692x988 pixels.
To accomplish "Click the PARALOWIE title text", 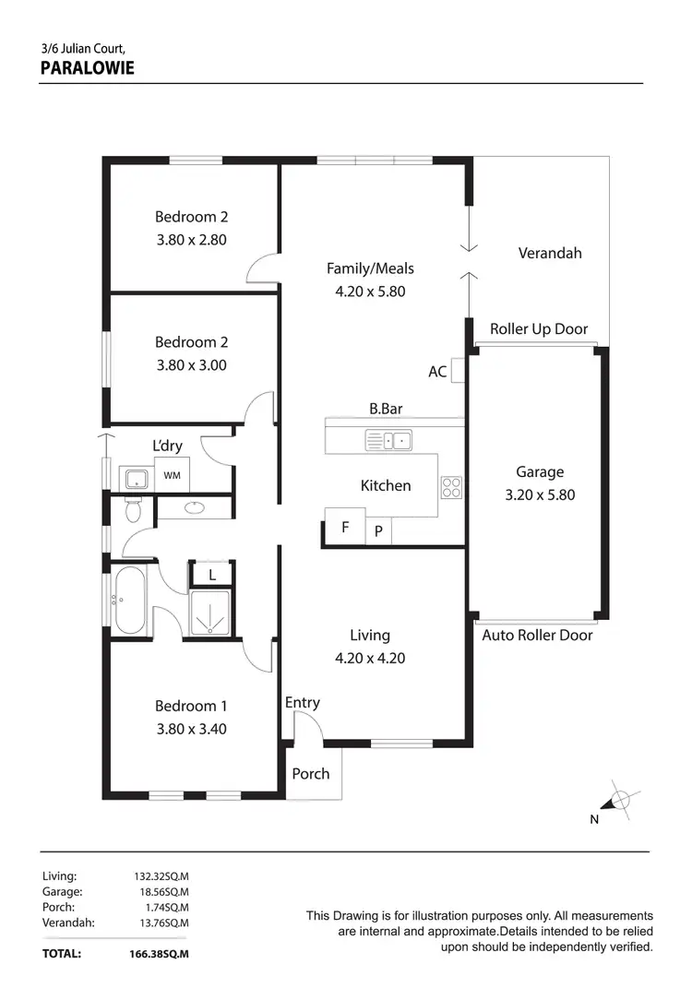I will click(x=88, y=67).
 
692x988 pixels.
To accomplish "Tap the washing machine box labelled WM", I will click(x=172, y=475).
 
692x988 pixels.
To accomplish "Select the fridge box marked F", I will click(x=345, y=528).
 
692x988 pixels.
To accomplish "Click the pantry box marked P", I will click(x=378, y=532).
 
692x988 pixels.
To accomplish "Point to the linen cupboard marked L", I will click(x=212, y=574).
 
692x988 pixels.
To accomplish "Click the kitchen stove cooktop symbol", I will click(x=451, y=486).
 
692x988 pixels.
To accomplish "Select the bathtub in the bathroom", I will click(x=128, y=599).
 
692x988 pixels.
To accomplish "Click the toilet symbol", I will click(x=132, y=509).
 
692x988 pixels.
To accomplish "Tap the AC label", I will click(x=437, y=372).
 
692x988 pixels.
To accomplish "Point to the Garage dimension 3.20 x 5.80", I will click(x=540, y=494).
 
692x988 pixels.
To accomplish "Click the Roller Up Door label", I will click(x=538, y=329).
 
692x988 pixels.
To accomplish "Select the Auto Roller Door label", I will click(x=537, y=635).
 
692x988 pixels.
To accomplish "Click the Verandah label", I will click(x=550, y=253).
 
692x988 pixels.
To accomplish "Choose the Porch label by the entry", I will click(x=310, y=773).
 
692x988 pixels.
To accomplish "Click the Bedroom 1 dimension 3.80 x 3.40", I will click(x=191, y=729).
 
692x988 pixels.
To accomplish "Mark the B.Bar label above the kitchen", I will click(x=386, y=408).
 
